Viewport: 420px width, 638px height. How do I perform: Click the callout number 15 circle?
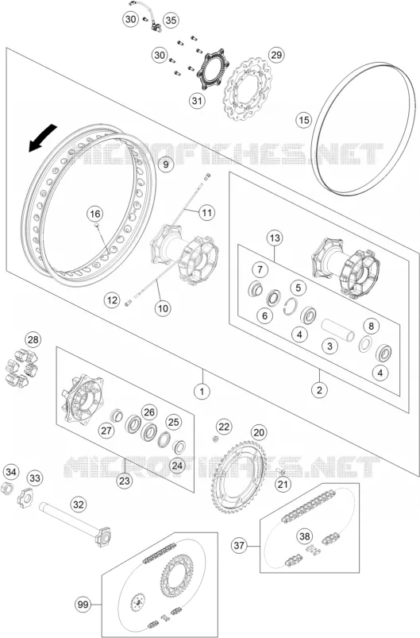coord(304,120)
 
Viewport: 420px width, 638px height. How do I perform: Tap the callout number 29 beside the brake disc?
coord(276,55)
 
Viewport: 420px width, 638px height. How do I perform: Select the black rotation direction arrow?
coord(42,138)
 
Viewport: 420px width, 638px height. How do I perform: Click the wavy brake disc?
coord(249,89)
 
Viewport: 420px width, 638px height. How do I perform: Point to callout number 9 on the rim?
coord(165,164)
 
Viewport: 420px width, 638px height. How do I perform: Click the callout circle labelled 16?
coord(94,214)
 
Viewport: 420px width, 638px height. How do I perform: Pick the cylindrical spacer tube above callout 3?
coord(338,330)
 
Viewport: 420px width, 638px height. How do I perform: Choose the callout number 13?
coord(275,238)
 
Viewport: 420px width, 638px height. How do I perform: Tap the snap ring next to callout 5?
coord(290,305)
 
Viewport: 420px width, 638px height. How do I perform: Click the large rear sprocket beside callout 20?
coord(239,479)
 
